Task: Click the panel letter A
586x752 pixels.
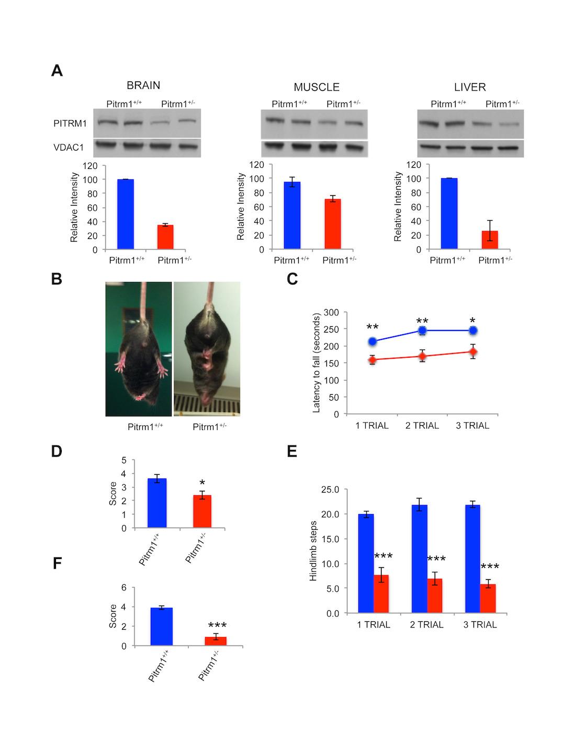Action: click(x=57, y=71)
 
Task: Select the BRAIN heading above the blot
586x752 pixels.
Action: click(x=143, y=86)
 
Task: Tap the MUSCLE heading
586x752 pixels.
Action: click(x=316, y=87)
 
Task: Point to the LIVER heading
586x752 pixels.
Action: click(x=470, y=87)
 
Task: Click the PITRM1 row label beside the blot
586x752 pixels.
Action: click(x=70, y=124)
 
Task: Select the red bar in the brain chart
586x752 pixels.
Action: click(x=165, y=237)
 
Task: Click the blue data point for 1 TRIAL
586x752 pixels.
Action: click(x=373, y=341)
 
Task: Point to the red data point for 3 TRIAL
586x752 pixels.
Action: click(x=472, y=352)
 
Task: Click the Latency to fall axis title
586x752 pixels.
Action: click(x=316, y=363)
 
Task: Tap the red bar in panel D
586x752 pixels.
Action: click(x=202, y=511)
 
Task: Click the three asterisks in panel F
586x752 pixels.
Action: click(x=217, y=625)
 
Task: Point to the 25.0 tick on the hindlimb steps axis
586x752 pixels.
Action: click(x=332, y=489)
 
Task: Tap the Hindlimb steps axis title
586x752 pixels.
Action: click(x=313, y=551)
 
